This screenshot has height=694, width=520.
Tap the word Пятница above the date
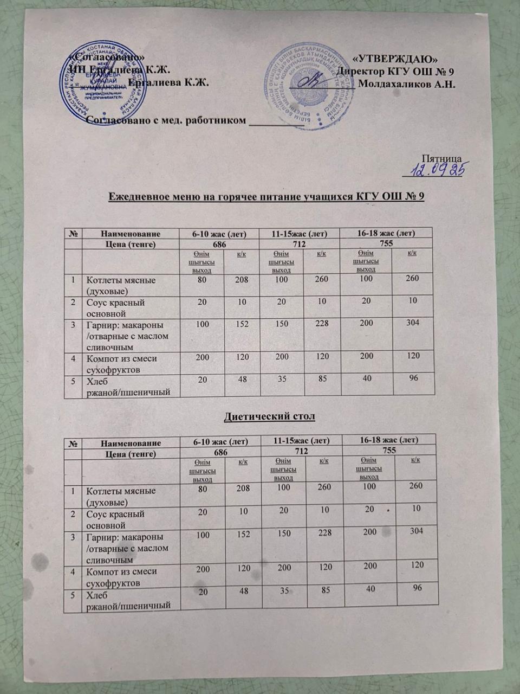coord(441,159)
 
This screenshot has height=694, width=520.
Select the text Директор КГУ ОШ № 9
coord(395,72)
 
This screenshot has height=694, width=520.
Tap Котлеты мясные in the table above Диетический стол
coord(121,285)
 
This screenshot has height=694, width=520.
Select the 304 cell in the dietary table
coord(416,531)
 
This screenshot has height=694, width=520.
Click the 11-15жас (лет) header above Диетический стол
coord(300,234)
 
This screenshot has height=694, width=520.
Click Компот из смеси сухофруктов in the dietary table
coord(122,576)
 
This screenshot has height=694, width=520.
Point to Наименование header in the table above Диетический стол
coord(131,234)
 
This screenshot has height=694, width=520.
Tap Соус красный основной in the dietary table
coord(115,519)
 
